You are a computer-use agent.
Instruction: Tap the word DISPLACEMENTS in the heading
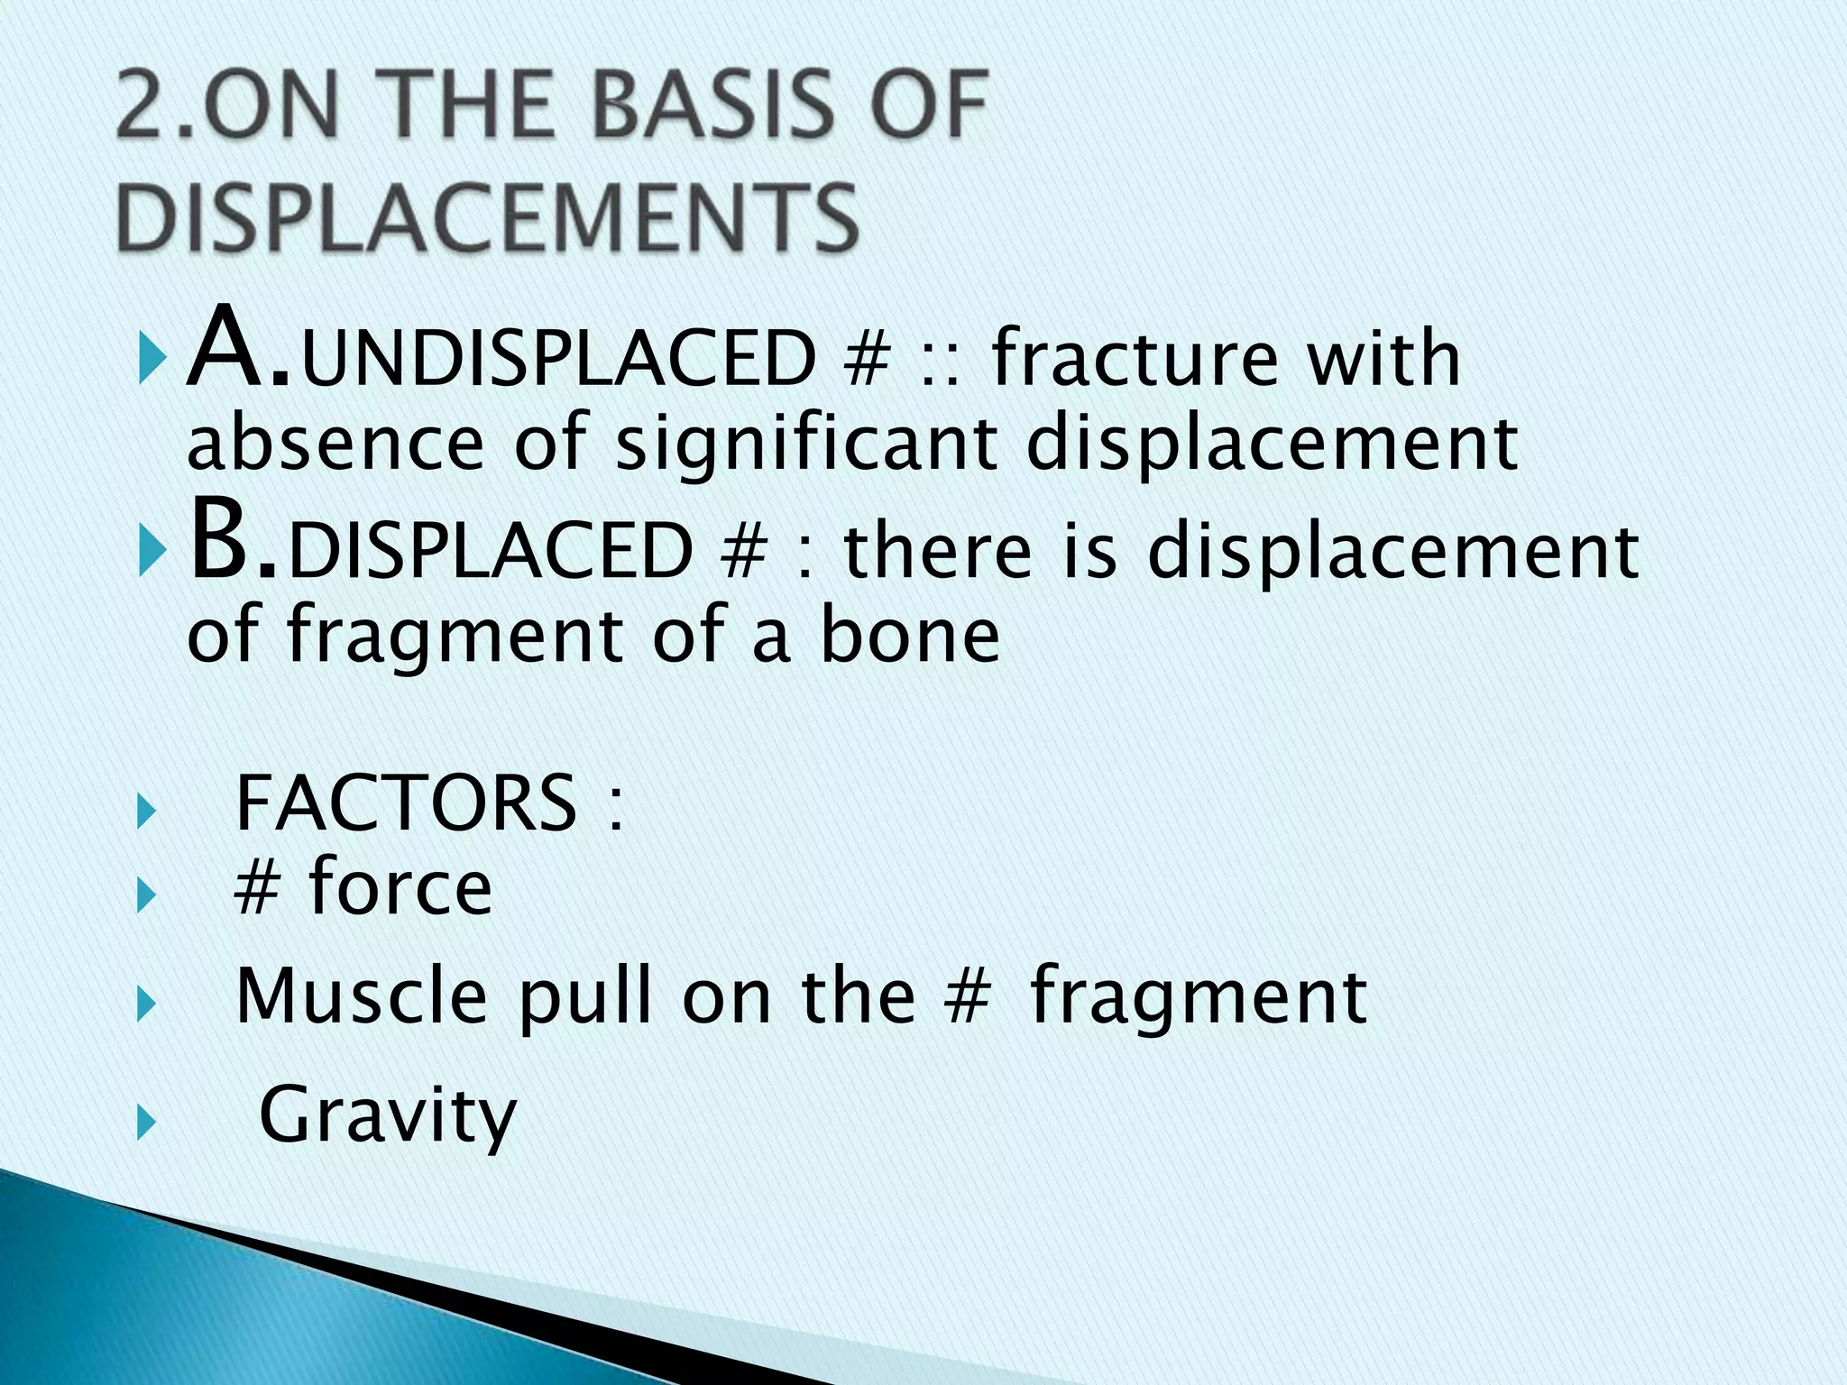coord(487,216)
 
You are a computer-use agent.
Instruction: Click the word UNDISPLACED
coord(559,358)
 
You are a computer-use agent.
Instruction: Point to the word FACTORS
coord(406,803)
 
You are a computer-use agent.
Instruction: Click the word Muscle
coord(361,995)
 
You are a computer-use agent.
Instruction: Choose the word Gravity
coord(388,1116)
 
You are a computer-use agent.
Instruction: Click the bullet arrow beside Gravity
coord(145,1124)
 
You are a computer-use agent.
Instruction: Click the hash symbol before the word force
coord(257,887)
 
